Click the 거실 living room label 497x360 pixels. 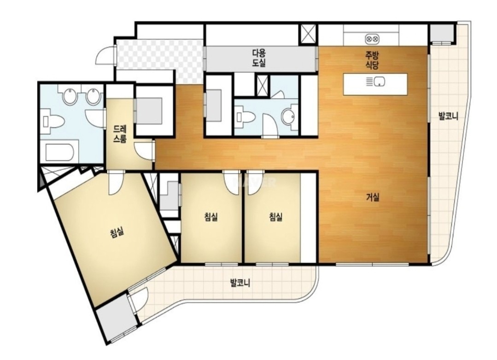[373, 197]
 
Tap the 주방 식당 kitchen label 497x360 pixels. [373, 60]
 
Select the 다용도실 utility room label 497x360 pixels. [259, 58]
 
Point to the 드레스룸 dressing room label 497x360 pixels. [120, 134]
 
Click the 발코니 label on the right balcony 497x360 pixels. [448, 116]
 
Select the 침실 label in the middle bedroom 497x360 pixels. [211, 217]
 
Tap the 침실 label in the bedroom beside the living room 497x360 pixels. [275, 217]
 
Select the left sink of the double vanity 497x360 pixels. [70, 96]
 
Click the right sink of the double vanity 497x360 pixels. [93, 96]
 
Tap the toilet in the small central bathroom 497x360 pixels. [246, 117]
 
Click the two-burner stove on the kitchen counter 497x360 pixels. [372, 39]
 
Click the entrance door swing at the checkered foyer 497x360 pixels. [105, 56]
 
